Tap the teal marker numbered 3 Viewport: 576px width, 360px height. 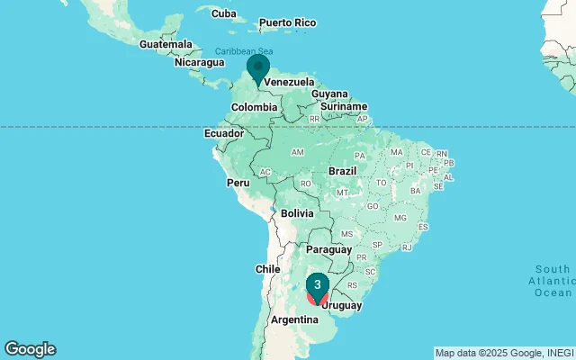[318, 285]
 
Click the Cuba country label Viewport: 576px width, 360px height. [222, 13]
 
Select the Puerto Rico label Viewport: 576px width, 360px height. [287, 22]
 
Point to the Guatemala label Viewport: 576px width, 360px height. [166, 44]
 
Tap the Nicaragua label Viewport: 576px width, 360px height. [199, 62]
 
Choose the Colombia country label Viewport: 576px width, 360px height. [254, 107]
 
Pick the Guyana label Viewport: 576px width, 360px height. [329, 94]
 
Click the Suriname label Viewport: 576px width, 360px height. [344, 106]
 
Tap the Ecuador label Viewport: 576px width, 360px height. [224, 133]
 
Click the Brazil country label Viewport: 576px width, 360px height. [343, 170]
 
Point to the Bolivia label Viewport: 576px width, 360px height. [296, 213]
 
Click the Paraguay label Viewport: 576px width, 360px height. [329, 248]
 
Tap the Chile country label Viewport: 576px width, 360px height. [268, 268]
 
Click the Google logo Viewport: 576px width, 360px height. [30, 349]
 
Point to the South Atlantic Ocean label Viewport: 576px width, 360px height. [552, 281]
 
